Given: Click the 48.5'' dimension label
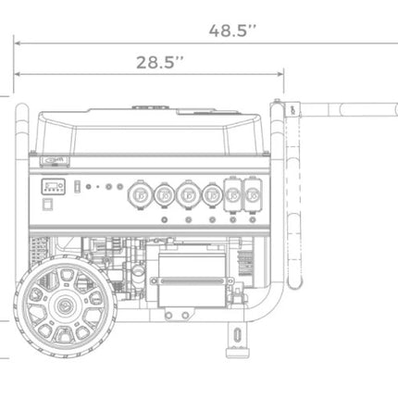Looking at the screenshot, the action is (x=232, y=31).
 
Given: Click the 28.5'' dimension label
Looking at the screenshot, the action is (x=160, y=62).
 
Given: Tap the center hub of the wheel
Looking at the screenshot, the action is (x=66, y=306).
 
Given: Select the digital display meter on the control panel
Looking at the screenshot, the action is (x=54, y=186).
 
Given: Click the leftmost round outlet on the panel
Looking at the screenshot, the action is (x=140, y=195).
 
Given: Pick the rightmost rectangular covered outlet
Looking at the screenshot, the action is (x=253, y=194).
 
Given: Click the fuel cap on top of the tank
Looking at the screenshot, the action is (x=150, y=107).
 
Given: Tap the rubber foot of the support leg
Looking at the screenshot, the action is (x=237, y=353).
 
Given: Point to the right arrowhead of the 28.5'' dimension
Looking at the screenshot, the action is (x=280, y=74).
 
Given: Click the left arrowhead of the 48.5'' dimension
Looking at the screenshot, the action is (x=18, y=43).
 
